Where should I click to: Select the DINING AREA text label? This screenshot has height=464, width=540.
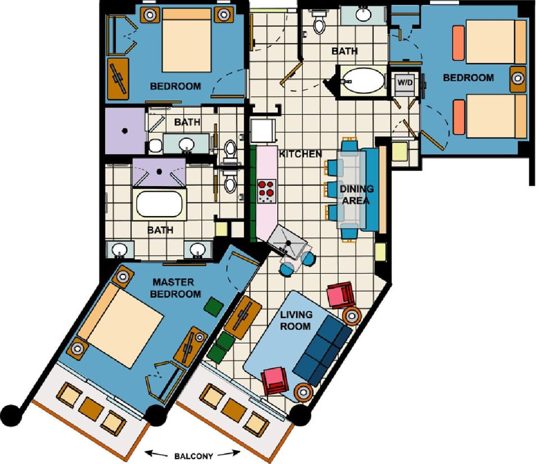pos(356,195)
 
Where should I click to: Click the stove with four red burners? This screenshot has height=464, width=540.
pos(267,191)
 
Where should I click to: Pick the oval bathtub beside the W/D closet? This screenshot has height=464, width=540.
pos(363,80)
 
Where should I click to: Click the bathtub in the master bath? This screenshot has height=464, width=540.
pos(160,205)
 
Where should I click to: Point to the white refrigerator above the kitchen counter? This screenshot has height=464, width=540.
pos(263,130)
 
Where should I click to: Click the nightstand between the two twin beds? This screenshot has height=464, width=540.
pos(516,79)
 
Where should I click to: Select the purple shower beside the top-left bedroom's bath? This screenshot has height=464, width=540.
pos(125,130)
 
